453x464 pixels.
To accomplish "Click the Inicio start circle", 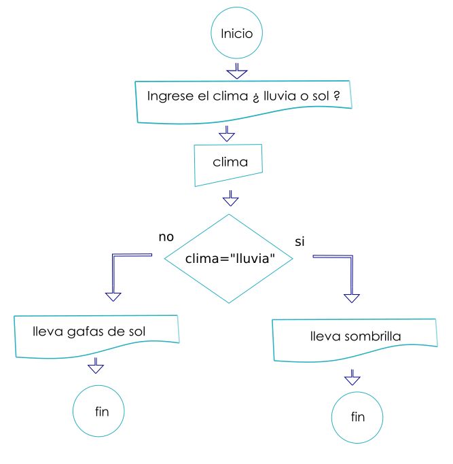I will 236,33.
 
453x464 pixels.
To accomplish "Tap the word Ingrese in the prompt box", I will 167,96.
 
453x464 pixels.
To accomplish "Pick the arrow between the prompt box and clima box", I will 227,132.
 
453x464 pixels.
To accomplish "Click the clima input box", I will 228,163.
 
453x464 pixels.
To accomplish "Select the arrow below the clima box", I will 231,198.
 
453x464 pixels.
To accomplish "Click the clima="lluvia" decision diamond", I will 230,258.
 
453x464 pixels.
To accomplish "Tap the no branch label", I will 166,237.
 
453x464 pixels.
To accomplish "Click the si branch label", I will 300,242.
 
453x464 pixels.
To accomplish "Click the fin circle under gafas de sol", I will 101,411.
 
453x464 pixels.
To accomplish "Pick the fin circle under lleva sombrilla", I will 357,416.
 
